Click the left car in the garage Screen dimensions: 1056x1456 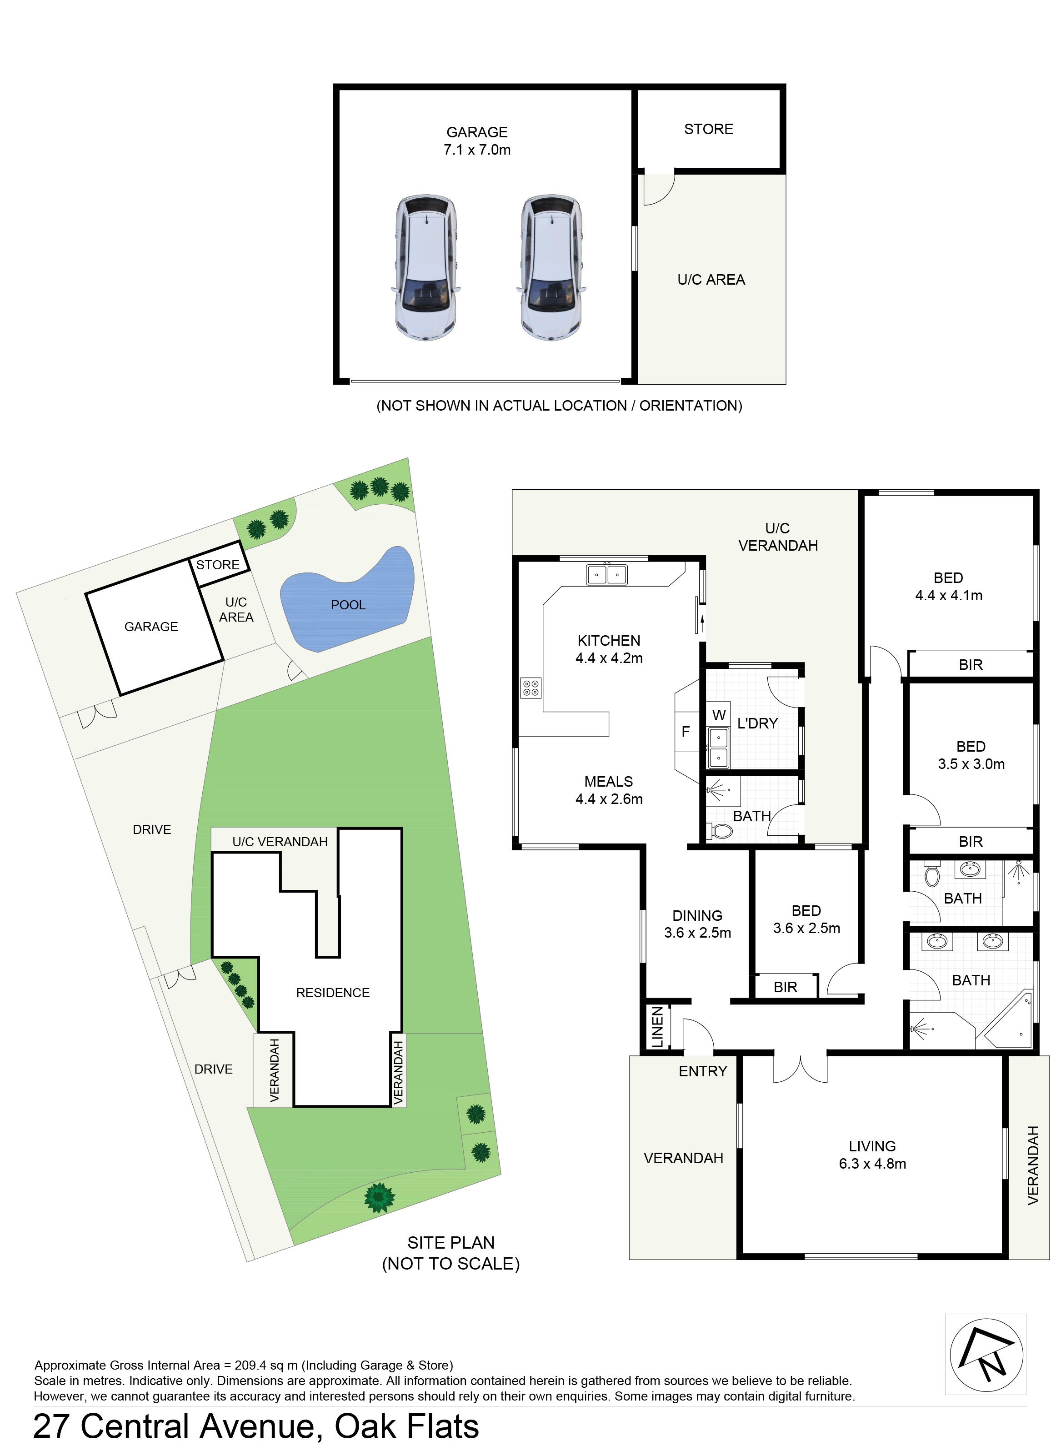[x=425, y=268]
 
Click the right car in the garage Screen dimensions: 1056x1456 [x=552, y=268]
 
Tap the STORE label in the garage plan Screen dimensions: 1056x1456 [x=708, y=129]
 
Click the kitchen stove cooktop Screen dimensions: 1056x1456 [x=531, y=688]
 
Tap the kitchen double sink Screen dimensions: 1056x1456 [x=606, y=574]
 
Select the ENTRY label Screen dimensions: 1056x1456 [x=703, y=1071]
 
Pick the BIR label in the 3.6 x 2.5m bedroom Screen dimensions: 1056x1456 [x=785, y=987]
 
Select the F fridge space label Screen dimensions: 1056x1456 [x=686, y=731]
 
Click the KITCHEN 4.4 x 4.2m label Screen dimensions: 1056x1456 [x=609, y=648]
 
